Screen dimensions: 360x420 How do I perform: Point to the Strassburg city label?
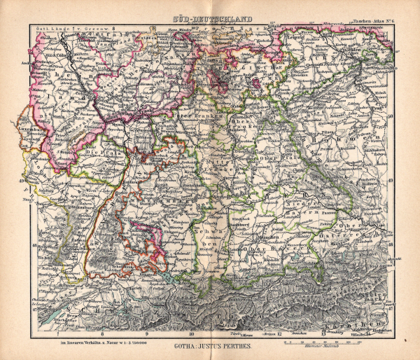pyautogui.click(x=83, y=208)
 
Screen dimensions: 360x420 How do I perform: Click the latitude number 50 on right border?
pyautogui.click(x=390, y=117)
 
